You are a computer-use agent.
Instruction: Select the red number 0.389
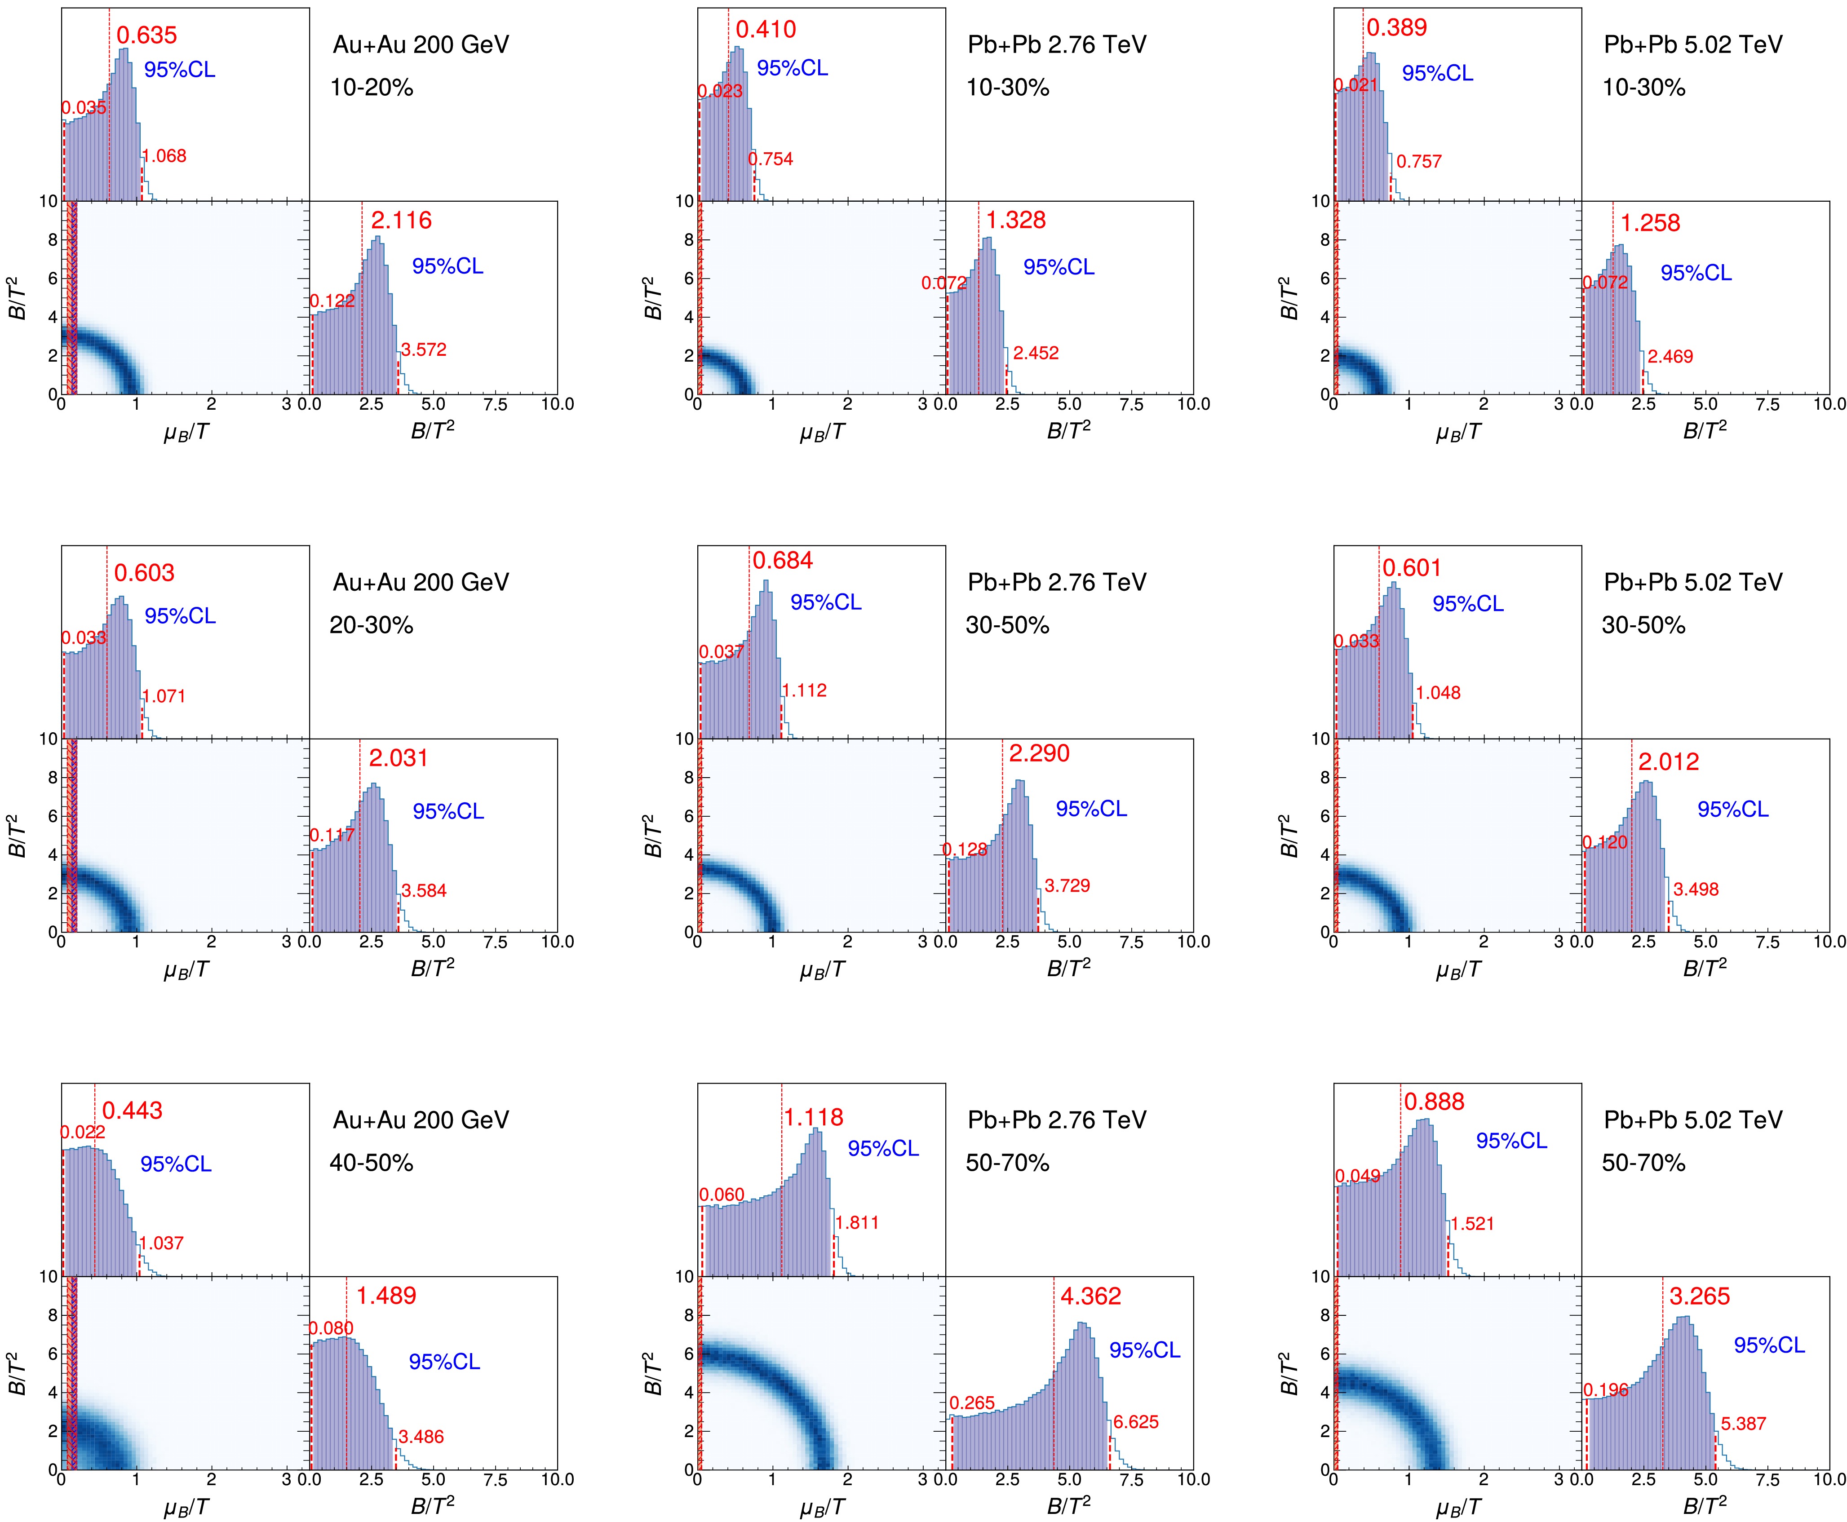(x=1396, y=28)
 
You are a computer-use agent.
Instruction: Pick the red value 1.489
(x=385, y=1296)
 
